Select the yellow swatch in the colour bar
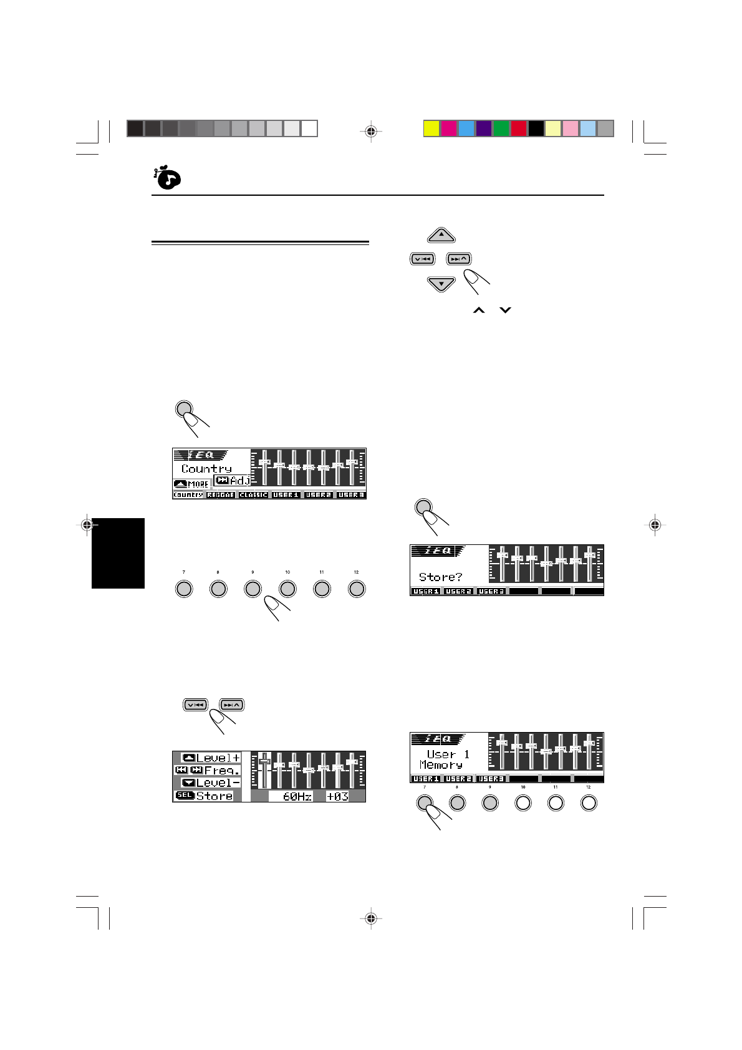point(431,128)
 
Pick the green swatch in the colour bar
point(501,128)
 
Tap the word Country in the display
point(206,468)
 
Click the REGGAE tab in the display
point(221,494)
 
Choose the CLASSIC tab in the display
point(253,494)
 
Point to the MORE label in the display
point(198,484)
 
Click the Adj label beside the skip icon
point(239,481)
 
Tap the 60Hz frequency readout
point(297,796)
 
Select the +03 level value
point(337,796)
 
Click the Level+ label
point(218,758)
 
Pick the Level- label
point(218,783)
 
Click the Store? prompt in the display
point(440,577)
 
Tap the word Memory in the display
point(441,765)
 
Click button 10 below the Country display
point(287,589)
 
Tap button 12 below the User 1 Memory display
point(588,803)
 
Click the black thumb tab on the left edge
point(118,553)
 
